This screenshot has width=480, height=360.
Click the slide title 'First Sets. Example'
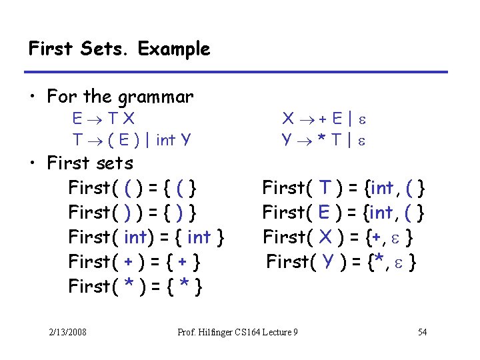[x=119, y=49]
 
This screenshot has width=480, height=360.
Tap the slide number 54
[x=422, y=332]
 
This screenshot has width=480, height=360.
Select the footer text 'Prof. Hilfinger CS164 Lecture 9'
[x=238, y=332]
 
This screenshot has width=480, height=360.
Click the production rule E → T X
[x=104, y=119]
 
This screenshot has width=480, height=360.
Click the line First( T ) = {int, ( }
[x=343, y=188]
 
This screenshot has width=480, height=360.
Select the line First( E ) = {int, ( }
[x=343, y=213]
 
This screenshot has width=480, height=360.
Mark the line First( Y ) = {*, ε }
[x=342, y=261]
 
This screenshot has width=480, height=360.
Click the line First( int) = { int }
[x=146, y=237]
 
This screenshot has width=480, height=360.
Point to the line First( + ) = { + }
[x=135, y=261]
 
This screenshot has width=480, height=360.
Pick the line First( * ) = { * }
[x=135, y=287]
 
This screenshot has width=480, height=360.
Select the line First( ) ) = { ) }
[x=132, y=213]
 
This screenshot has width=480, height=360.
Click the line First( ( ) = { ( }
[x=132, y=188]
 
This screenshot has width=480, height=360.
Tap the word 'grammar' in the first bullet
[x=155, y=97]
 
